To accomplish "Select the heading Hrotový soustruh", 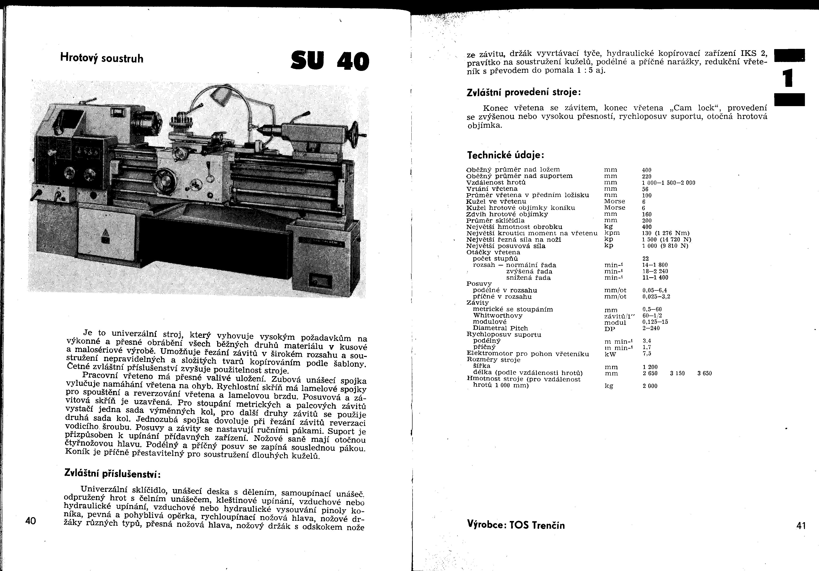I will pyautogui.click(x=102, y=58).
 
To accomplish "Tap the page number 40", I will pyautogui.click(x=31, y=521).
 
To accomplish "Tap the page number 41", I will pyautogui.click(x=801, y=526).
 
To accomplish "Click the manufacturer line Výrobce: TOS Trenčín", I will pyautogui.click(x=516, y=525).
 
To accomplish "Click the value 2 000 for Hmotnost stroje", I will pyautogui.click(x=650, y=386).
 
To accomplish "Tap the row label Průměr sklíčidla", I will pyautogui.click(x=495, y=220).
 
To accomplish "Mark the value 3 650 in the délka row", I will pyautogui.click(x=704, y=373).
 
